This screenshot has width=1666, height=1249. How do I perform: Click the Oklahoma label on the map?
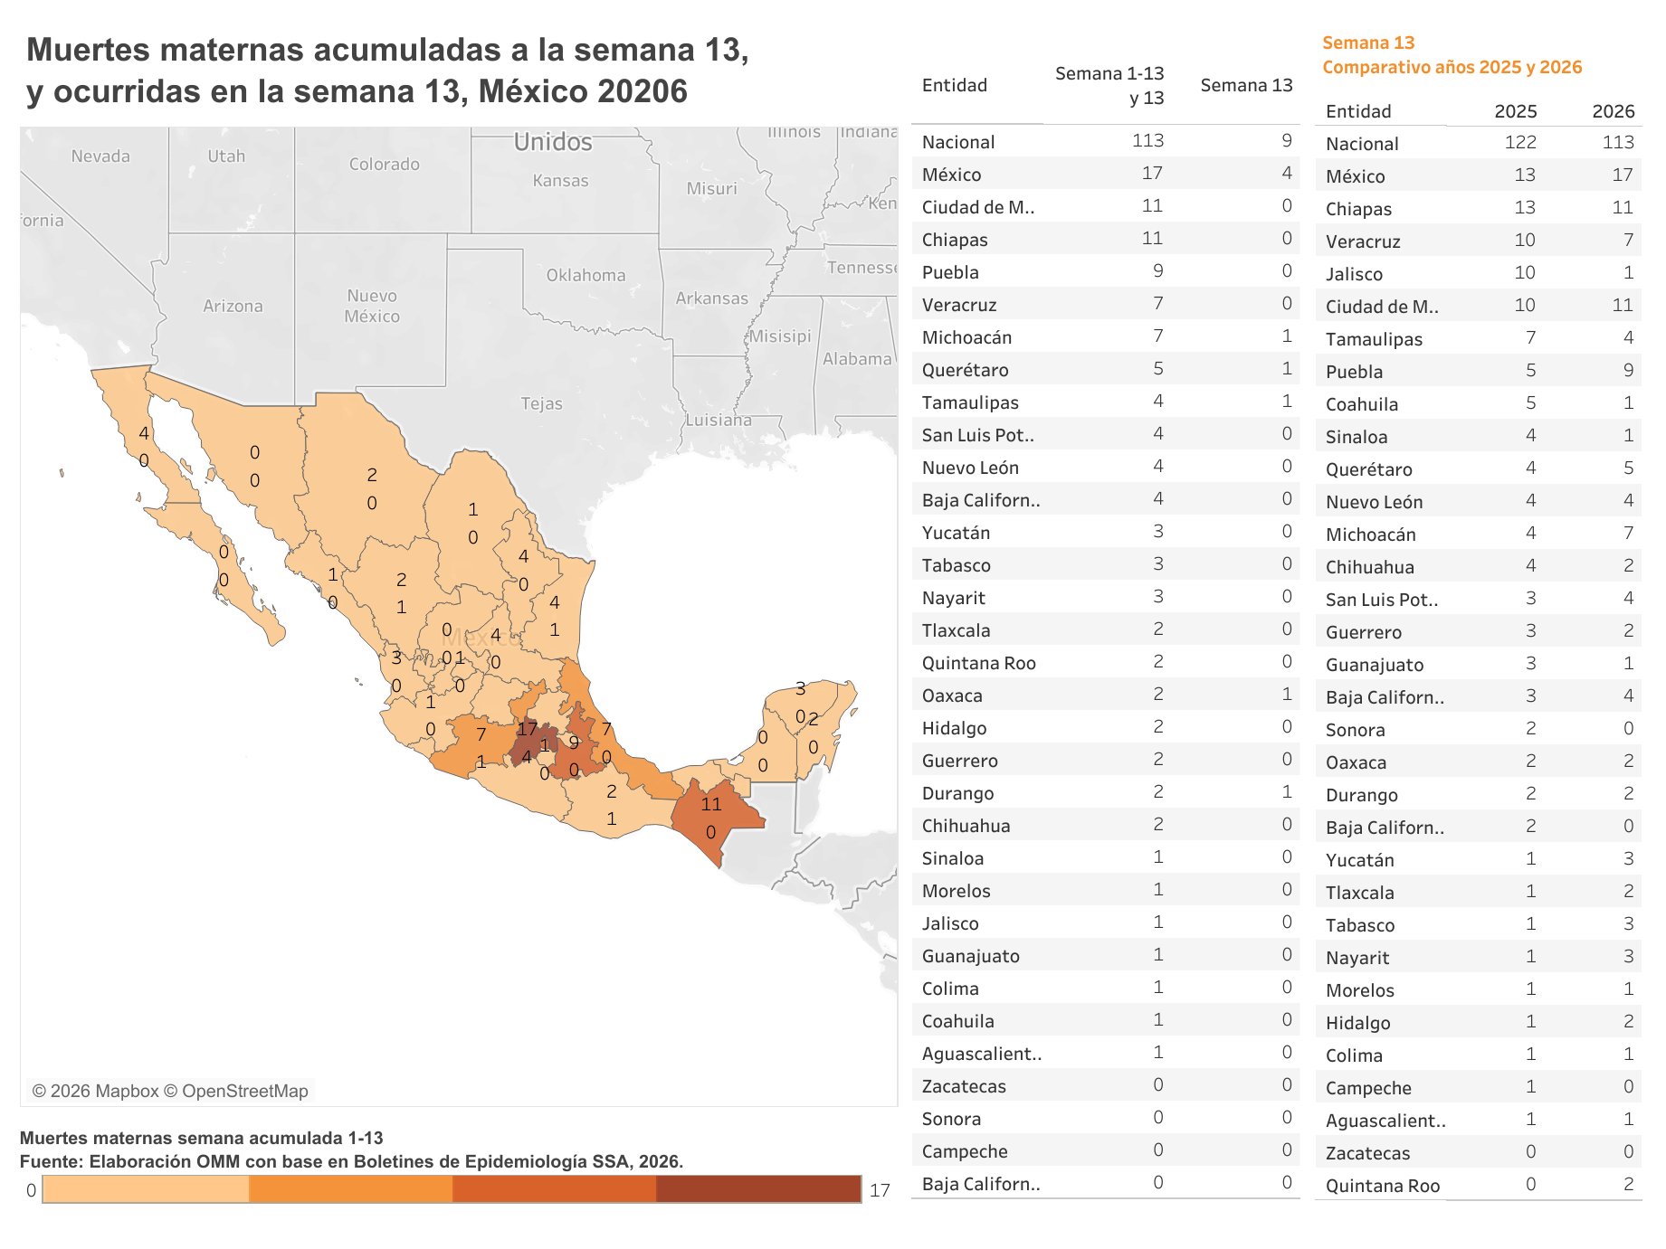(x=585, y=275)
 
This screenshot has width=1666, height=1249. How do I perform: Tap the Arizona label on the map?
(x=233, y=306)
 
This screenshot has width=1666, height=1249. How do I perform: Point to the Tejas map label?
(x=541, y=403)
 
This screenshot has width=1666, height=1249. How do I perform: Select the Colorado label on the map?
(x=384, y=164)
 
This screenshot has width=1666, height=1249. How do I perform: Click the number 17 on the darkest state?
(x=527, y=729)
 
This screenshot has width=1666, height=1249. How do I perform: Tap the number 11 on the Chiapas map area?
(x=711, y=804)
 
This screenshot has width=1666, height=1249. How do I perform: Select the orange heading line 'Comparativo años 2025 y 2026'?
(x=1452, y=67)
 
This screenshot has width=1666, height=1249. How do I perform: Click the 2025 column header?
(x=1515, y=111)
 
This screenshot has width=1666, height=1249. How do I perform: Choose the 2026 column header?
(x=1613, y=111)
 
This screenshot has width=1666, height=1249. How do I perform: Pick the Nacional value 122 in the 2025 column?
(x=1520, y=142)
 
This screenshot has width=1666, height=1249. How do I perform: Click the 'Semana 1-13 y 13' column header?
(x=1109, y=85)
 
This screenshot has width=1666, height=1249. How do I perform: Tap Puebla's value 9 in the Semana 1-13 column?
(x=1157, y=270)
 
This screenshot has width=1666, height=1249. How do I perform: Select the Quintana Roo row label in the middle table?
(x=978, y=663)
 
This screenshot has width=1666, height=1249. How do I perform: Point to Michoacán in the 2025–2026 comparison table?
(x=1370, y=535)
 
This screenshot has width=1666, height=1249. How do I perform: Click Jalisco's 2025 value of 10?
(x=1525, y=272)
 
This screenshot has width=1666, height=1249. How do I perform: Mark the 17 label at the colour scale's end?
(x=880, y=1190)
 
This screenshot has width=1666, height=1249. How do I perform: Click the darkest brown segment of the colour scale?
(x=758, y=1189)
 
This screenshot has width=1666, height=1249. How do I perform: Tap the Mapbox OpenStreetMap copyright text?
(x=170, y=1091)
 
